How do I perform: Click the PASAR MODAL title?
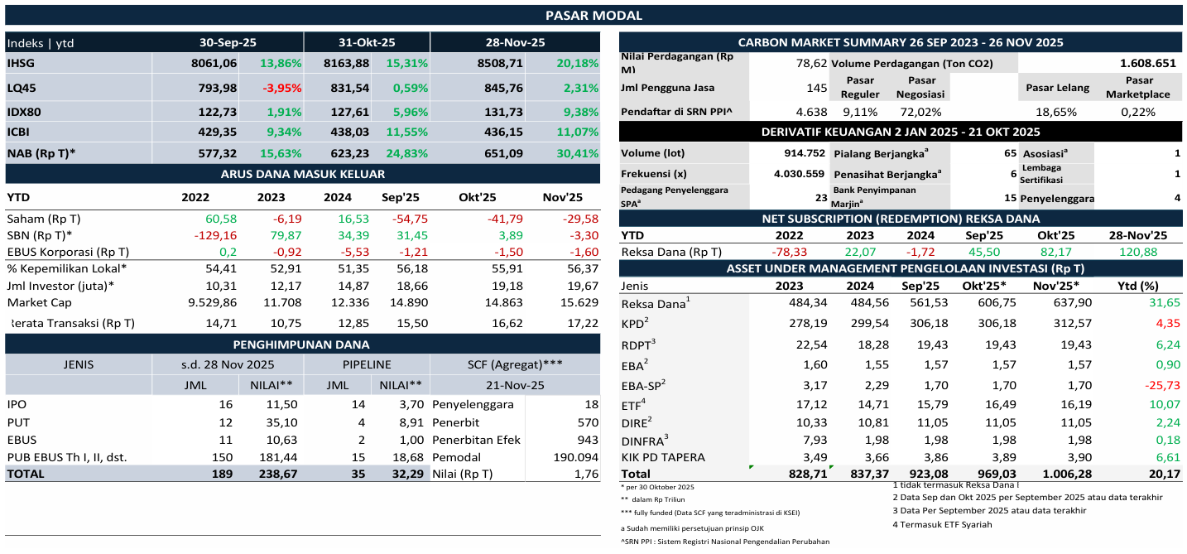(x=593, y=15)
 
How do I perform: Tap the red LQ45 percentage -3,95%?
(x=281, y=88)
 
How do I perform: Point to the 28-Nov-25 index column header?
(x=514, y=42)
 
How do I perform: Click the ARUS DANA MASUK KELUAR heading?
(x=302, y=174)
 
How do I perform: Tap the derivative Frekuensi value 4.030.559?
(x=799, y=174)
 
